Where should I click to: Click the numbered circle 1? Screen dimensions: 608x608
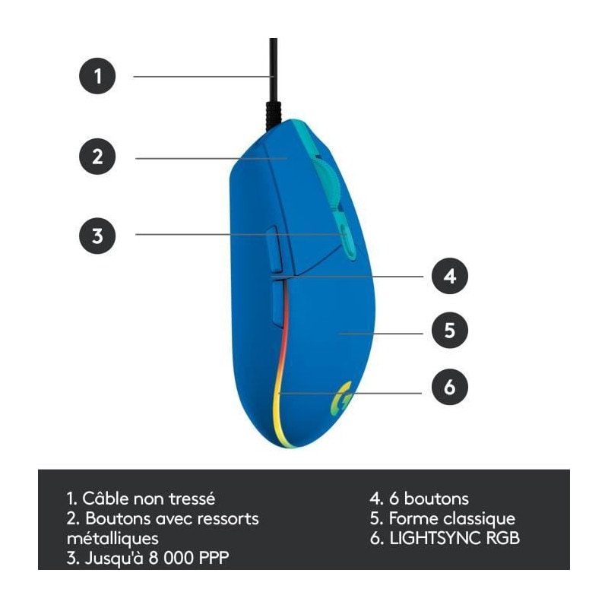(x=97, y=76)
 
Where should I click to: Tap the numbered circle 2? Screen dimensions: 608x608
(x=97, y=157)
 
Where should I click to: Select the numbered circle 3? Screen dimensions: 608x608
(x=97, y=235)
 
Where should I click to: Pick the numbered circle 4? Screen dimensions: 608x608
(x=450, y=276)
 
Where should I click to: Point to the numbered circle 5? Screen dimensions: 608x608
(x=450, y=331)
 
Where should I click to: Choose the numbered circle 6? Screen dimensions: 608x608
(x=450, y=388)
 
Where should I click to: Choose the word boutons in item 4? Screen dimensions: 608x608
(x=436, y=499)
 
